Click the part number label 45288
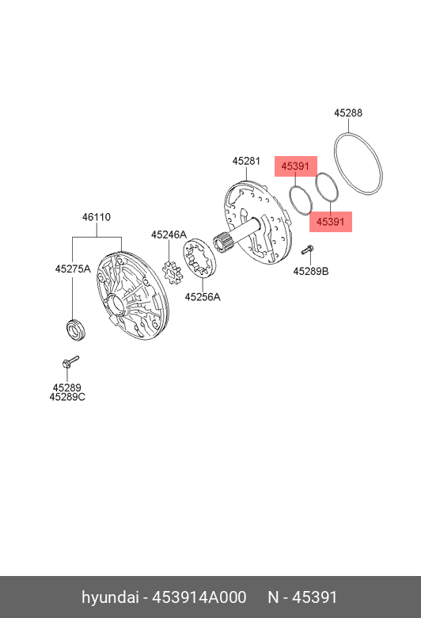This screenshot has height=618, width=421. pos(348,113)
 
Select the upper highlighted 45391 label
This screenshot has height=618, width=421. pos(295,166)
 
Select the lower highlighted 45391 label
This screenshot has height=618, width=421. pos(331,222)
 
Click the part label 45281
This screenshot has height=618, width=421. pos(246,161)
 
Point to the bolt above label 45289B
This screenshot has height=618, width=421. pos(307,250)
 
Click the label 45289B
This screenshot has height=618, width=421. pos(311,272)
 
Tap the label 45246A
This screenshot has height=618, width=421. pos(169,235)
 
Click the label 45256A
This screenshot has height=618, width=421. pos(203,297)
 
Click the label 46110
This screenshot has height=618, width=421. pos(97,217)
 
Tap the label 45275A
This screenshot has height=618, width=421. pos(73,269)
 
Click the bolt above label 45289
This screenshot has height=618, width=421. pos(70,362)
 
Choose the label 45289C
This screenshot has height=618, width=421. pos(67,397)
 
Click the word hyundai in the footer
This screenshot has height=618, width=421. pos(109,597)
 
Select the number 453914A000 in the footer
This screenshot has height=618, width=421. pos(199,597)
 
